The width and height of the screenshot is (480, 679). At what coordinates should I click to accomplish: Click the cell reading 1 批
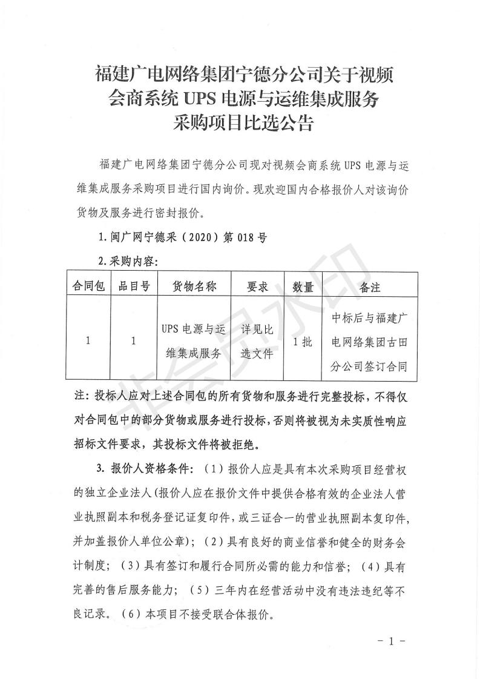[302, 341]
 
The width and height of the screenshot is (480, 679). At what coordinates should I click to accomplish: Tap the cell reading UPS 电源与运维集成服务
[194, 341]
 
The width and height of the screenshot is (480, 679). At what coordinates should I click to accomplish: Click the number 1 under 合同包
[88, 341]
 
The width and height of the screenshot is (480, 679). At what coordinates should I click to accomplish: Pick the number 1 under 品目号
[134, 341]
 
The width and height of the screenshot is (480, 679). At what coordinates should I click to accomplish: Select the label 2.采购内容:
[127, 262]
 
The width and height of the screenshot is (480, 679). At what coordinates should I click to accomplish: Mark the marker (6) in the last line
[132, 613]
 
